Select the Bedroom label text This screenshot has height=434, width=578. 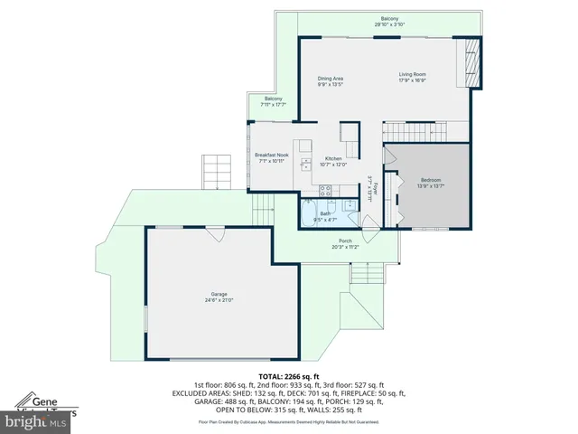point(431,181)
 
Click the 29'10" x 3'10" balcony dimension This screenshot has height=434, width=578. point(389,24)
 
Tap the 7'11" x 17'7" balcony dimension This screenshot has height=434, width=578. point(273,104)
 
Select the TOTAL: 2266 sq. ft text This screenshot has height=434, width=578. point(289,375)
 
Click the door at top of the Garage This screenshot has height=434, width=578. point(214,232)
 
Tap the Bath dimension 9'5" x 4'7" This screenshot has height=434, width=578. point(325,220)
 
